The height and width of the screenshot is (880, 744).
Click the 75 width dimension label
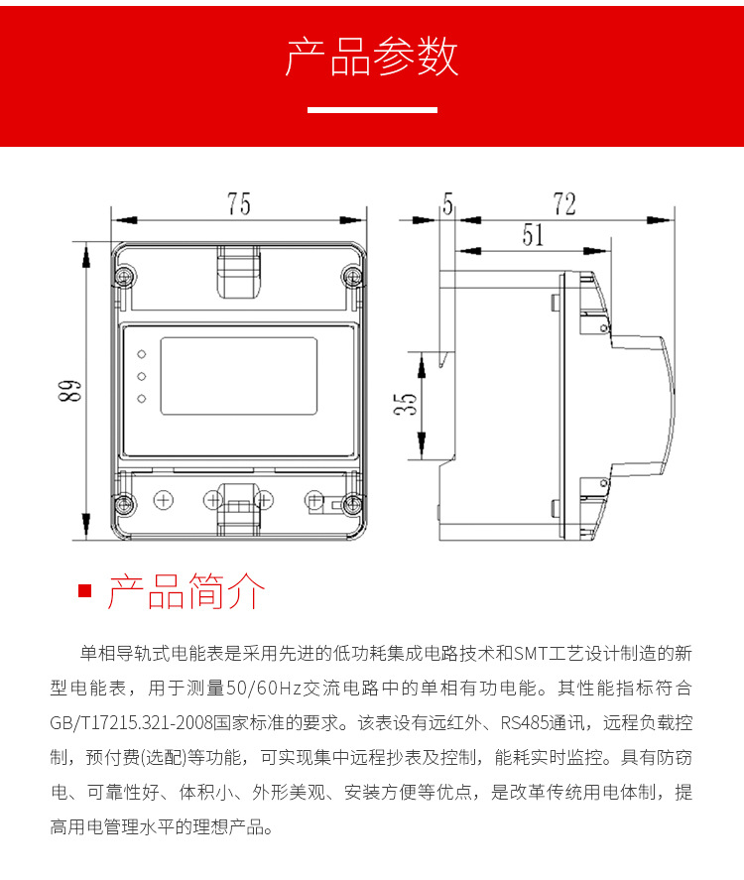(238, 203)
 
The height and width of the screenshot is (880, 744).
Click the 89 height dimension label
(69, 391)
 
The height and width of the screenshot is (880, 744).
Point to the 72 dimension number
(564, 203)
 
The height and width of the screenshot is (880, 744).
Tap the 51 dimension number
(533, 234)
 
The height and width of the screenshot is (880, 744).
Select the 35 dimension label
(406, 404)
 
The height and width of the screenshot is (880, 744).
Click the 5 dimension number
(447, 203)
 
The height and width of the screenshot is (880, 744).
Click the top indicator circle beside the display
(142, 354)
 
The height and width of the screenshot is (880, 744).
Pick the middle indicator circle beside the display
(142, 376)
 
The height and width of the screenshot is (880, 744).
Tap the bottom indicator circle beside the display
(142, 399)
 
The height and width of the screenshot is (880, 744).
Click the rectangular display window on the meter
(239, 376)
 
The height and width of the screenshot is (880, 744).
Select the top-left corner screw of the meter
(124, 276)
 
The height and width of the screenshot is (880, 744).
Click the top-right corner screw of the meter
(352, 276)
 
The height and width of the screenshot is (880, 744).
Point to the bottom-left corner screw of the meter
(124, 505)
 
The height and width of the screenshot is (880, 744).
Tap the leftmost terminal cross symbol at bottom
(164, 500)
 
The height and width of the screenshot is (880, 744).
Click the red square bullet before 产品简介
(84, 591)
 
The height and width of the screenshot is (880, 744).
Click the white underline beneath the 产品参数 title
(373, 110)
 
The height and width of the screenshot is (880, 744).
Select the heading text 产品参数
(372, 57)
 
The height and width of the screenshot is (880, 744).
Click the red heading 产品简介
(186, 591)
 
